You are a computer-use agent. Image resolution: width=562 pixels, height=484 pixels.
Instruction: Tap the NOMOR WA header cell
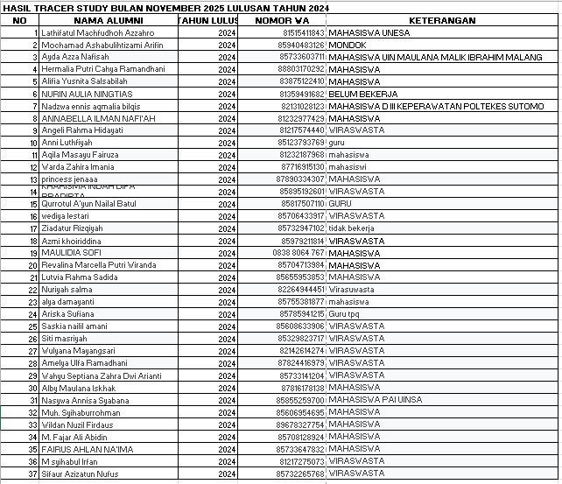tap(282, 20)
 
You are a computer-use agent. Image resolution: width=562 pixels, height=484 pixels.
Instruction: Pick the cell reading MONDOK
tap(348, 44)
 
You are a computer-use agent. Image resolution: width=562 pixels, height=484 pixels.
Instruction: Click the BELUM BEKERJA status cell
tap(359, 93)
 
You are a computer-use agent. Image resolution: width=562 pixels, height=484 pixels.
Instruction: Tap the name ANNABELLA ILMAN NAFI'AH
tap(98, 117)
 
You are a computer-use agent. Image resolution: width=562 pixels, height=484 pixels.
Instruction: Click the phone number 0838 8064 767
tap(299, 252)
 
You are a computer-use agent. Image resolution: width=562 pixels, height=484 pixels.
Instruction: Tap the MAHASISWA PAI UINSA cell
tap(375, 399)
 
